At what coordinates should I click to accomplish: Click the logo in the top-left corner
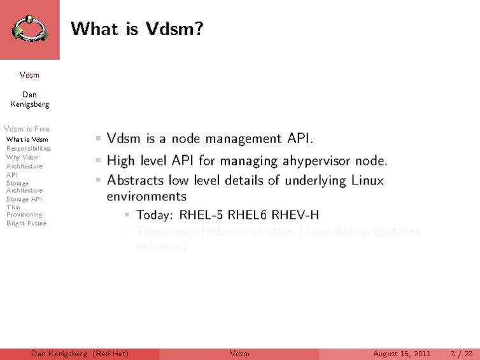29,29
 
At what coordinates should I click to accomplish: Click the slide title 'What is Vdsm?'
137,29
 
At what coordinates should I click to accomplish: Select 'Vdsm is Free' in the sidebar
26,128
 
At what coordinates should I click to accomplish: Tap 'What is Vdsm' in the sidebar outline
27,139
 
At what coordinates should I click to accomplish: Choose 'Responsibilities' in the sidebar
29,148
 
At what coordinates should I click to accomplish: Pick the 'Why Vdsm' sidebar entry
22,157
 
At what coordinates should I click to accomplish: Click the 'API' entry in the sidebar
12,174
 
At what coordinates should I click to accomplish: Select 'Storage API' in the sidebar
24,199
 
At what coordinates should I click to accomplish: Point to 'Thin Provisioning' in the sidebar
24,211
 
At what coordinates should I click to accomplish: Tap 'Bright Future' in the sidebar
26,223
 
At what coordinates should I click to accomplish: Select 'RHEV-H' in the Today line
295,214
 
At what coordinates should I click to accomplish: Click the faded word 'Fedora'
220,230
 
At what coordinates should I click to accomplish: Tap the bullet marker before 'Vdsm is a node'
98,137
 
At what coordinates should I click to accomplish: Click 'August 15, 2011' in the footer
402,354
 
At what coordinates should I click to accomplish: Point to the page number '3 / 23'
461,354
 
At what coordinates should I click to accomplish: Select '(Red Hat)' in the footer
110,354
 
